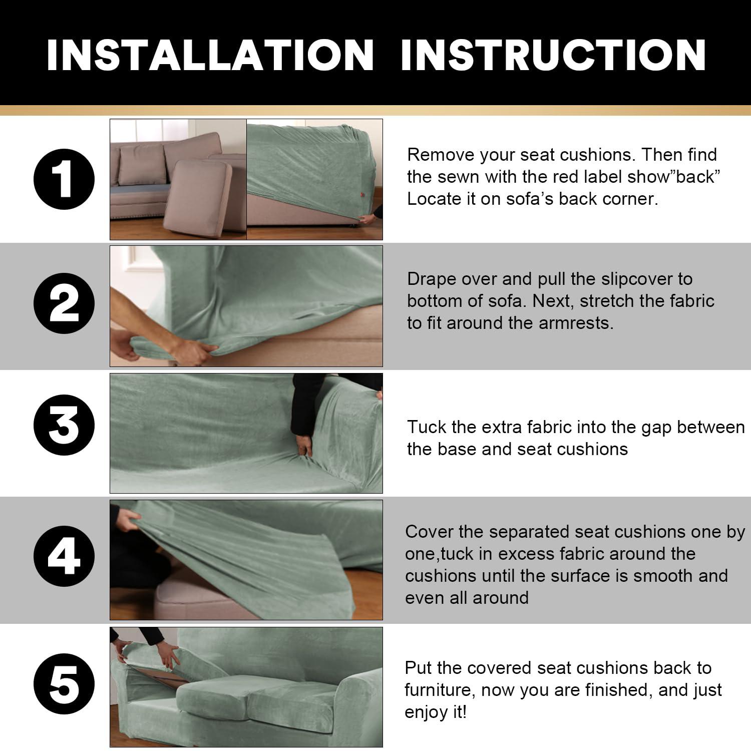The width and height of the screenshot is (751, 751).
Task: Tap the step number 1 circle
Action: coord(64,179)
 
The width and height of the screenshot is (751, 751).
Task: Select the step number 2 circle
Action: coord(64,303)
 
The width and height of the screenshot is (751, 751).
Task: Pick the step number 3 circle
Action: coord(64,426)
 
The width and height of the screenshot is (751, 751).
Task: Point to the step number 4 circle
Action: coord(64,556)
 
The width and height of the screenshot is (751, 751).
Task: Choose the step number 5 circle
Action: coord(64,684)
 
